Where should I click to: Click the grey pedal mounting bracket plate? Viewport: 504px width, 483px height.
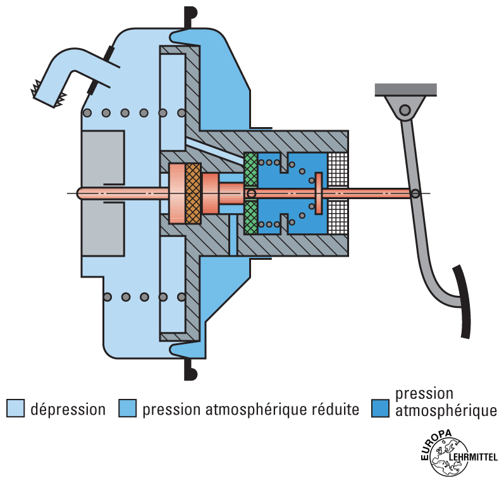[406, 89]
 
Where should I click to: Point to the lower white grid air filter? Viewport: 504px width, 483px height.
[338, 216]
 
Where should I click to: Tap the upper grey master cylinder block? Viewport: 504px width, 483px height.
[102, 158]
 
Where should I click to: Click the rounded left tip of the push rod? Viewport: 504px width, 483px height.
[79, 193]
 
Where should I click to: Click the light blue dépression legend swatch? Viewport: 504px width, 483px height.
[15, 408]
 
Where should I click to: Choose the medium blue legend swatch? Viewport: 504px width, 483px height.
[128, 408]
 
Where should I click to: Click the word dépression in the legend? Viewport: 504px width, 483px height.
[68, 409]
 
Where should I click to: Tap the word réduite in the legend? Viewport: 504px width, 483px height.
[336, 409]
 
